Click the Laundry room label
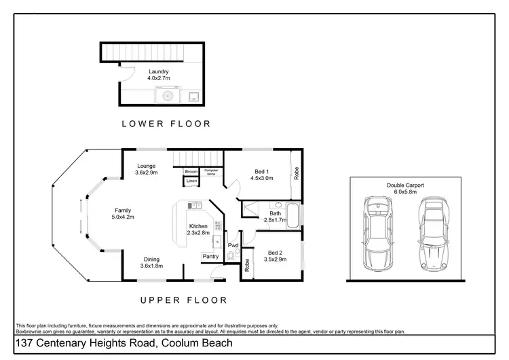[x=159, y=71]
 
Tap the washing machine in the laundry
[x=168, y=95]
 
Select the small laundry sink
[x=195, y=96]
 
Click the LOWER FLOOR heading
[x=166, y=124]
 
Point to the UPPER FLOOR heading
[x=184, y=300]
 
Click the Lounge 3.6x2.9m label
[x=147, y=169]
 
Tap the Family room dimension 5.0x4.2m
[x=123, y=217]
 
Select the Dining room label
[x=151, y=259]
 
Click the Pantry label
[x=210, y=256]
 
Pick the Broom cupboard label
[x=191, y=172]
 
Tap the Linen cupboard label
[x=191, y=181]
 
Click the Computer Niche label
[x=211, y=172]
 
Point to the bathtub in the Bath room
[x=293, y=215]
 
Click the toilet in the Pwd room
[x=231, y=255]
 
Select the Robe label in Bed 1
[x=297, y=173]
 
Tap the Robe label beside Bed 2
[x=247, y=265]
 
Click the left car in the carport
[x=377, y=234]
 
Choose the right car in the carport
[x=433, y=234]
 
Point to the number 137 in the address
[x=24, y=343]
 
